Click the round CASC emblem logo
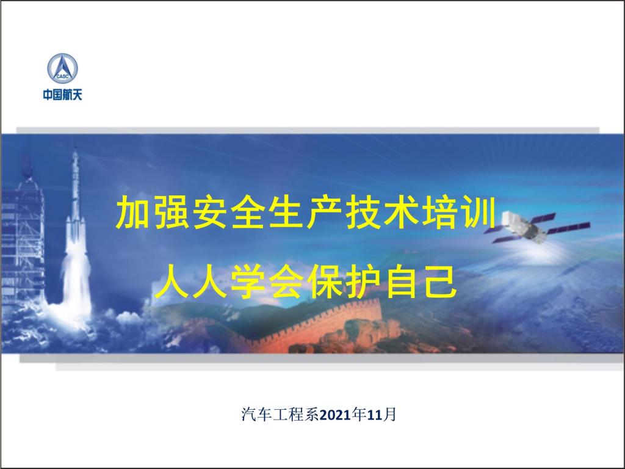pos(63,68)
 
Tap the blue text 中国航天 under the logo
pos(63,95)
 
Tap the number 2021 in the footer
pos(336,415)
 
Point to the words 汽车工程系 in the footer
pos(280,415)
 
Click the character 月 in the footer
pos(389,415)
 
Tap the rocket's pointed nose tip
pos(75,147)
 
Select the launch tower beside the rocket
pos(23,235)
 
